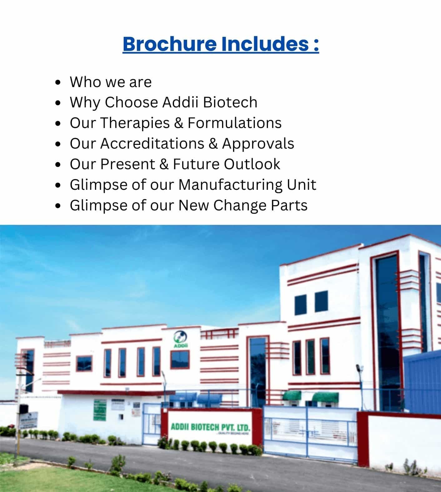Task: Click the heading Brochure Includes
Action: click(220, 44)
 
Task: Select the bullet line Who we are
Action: click(111, 82)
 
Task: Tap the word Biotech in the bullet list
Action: click(230, 102)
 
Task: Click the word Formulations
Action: click(234, 123)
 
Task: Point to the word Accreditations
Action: click(152, 144)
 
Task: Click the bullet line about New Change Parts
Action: click(188, 205)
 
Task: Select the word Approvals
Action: click(258, 144)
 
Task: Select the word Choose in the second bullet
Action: click(131, 102)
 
